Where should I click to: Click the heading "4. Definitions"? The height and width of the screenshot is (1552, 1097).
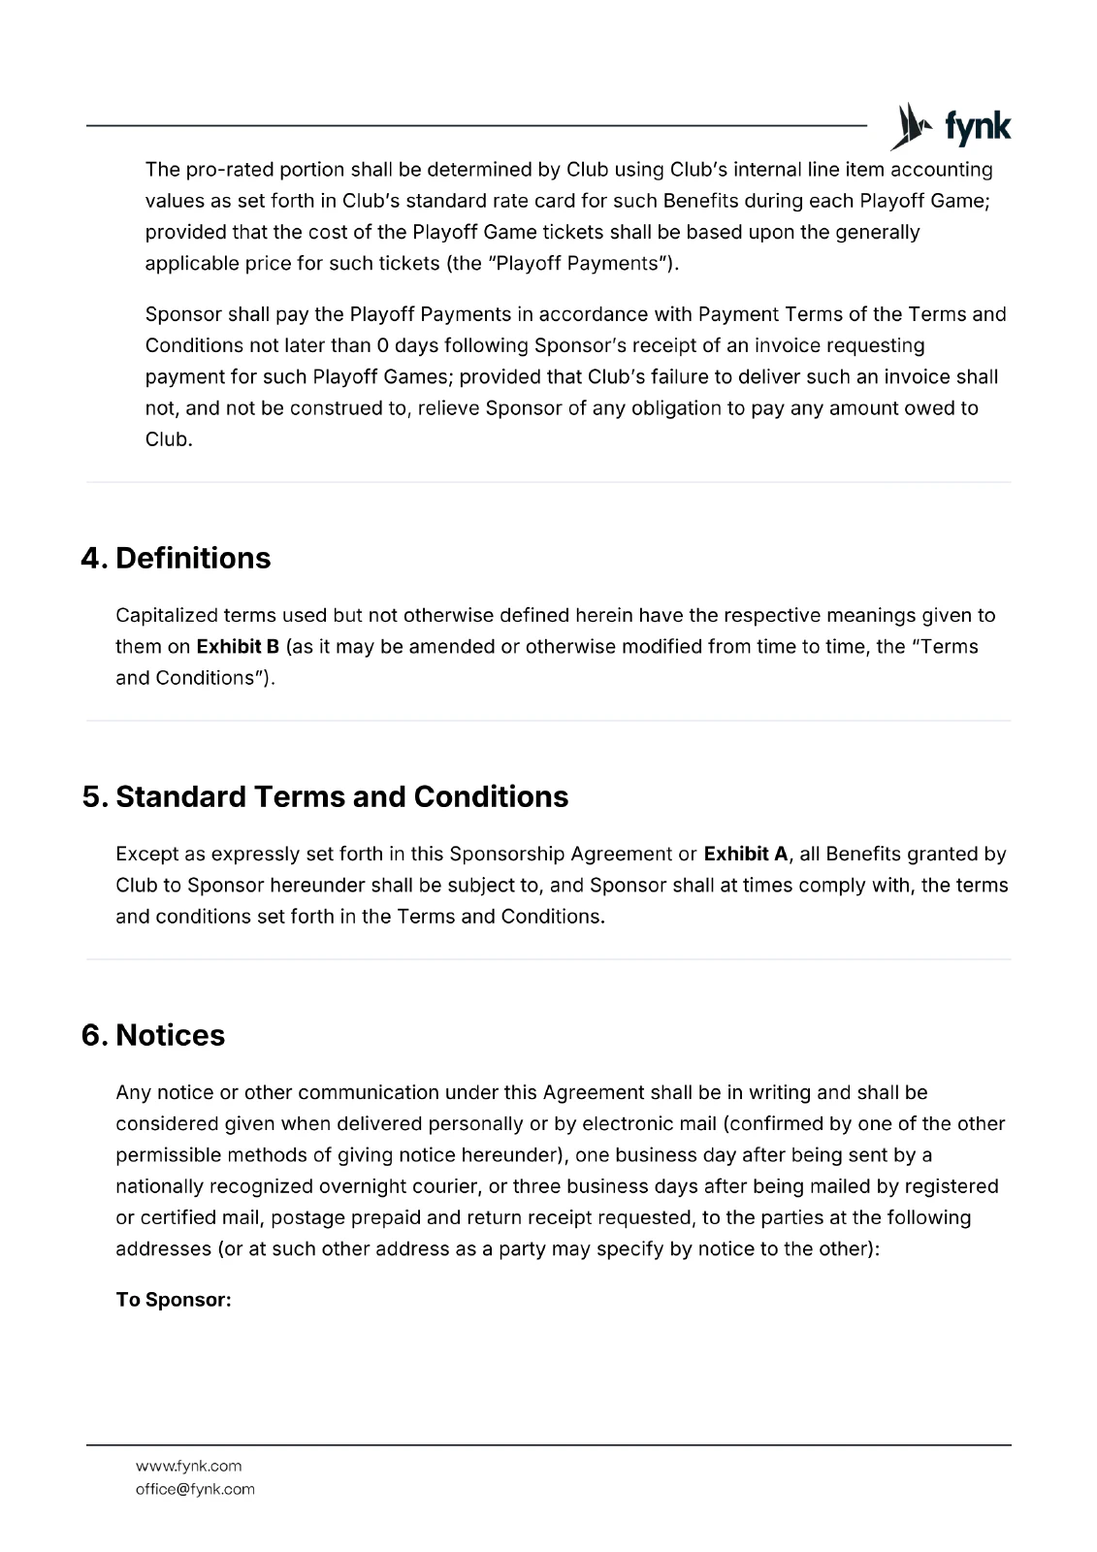point(176,558)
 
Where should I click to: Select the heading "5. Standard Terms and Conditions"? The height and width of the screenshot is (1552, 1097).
point(325,796)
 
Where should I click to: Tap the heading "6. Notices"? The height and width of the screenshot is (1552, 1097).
point(153,1035)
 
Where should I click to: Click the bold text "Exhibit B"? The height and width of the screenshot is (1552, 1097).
point(238,647)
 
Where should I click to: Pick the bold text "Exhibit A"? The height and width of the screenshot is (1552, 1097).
point(745,855)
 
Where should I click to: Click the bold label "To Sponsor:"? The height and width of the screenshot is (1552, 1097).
point(174,1300)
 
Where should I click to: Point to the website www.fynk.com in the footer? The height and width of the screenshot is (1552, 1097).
point(188,1466)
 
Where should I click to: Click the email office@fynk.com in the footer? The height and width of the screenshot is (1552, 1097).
point(195,1489)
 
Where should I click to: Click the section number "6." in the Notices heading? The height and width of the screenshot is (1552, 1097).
point(95,1035)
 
